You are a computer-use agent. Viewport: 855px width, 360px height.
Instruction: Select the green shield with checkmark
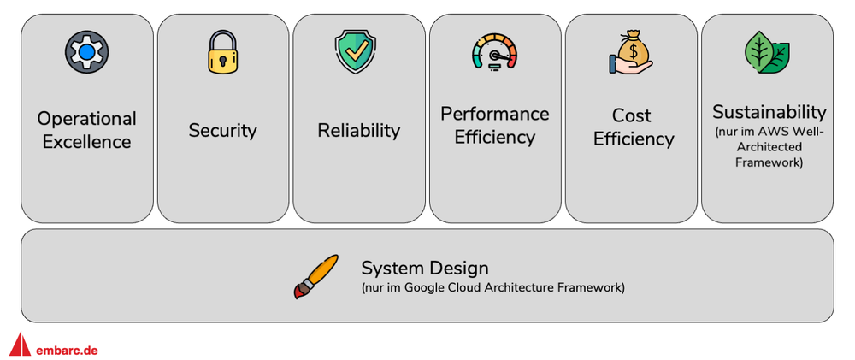(x=357, y=50)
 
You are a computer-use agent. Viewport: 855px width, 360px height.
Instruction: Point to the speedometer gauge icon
(x=495, y=52)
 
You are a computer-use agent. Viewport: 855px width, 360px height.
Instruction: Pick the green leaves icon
(x=767, y=52)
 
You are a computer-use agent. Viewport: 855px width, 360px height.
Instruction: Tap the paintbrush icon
(x=315, y=276)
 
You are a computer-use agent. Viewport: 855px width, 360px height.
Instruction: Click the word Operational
(x=86, y=118)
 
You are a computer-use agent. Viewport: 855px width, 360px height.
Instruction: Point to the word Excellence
(x=86, y=141)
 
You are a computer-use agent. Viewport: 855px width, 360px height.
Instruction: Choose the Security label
(x=222, y=131)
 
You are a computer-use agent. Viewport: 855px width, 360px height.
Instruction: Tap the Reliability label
(x=358, y=130)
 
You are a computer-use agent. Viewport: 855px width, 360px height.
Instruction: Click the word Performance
(x=495, y=114)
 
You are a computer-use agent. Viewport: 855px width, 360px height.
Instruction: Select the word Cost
(x=632, y=115)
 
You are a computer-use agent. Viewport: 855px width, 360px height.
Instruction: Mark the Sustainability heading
(x=769, y=112)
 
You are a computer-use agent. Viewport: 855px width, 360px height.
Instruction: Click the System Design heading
(x=425, y=267)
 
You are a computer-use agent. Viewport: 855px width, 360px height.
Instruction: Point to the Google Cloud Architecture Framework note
(x=492, y=288)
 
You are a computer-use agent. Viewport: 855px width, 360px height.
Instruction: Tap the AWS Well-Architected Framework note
(x=769, y=147)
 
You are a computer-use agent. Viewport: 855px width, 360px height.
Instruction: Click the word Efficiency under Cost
(x=634, y=139)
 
